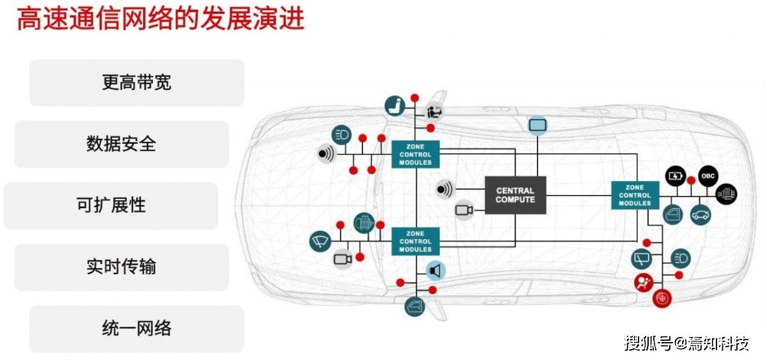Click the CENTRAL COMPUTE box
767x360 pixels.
[515, 195]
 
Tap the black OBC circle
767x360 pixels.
[708, 175]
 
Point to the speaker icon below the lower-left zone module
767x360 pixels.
[436, 270]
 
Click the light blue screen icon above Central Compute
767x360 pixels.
[537, 125]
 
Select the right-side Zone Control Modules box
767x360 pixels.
[635, 195]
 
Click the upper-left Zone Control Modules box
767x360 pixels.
[415, 154]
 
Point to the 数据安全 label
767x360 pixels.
[121, 144]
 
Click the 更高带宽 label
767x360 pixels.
[136, 82]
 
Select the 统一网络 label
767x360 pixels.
[136, 329]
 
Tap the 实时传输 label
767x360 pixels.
[121, 267]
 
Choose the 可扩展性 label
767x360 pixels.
[111, 205]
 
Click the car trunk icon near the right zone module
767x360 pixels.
[701, 214]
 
